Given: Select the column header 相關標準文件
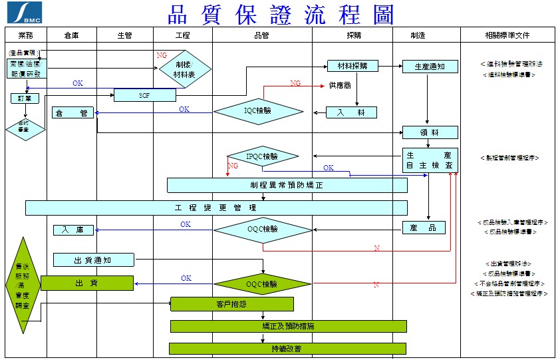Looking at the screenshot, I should pyautogui.click(x=508, y=35).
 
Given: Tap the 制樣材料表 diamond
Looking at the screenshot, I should pyautogui.click(x=184, y=69).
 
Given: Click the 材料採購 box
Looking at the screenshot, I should pyautogui.click(x=352, y=66).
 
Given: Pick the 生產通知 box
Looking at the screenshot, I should pyautogui.click(x=430, y=67).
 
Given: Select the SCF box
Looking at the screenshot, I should pyautogui.click(x=144, y=95).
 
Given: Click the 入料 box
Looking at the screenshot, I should pyautogui.click(x=351, y=113).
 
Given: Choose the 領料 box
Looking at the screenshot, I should pyautogui.click(x=430, y=132).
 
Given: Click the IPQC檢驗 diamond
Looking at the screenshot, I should pyautogui.click(x=262, y=157).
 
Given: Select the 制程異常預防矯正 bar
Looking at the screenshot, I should pyautogui.click(x=287, y=185).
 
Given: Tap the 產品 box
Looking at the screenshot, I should pyautogui.click(x=424, y=228).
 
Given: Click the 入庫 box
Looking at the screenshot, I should pyautogui.click(x=73, y=230).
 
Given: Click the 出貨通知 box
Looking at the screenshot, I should pyautogui.click(x=94, y=260).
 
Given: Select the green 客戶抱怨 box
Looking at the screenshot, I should pyautogui.click(x=232, y=304).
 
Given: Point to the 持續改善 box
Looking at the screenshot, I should pyautogui.click(x=287, y=349).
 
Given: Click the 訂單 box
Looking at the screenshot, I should pyautogui.click(x=25, y=98).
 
